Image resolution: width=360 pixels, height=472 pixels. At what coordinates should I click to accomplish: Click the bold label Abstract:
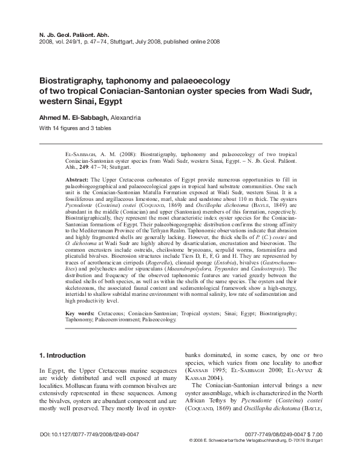pyautogui.click(x=76, y=180)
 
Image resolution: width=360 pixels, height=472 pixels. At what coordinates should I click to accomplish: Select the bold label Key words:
pyautogui.click(x=79, y=313)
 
